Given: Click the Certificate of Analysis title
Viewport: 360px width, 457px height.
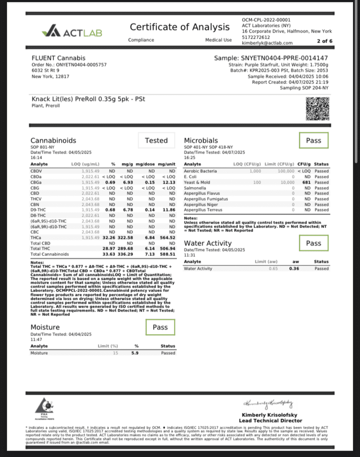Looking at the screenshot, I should (x=180, y=27).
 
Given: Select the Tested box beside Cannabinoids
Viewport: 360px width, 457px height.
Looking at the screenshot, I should (x=156, y=141).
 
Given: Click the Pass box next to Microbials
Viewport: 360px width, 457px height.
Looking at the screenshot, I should (x=313, y=141).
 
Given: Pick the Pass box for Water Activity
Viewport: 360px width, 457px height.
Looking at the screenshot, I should (x=313, y=243).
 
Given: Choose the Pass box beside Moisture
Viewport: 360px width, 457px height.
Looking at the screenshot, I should (x=160, y=327).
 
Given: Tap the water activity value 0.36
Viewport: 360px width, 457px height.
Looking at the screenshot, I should (x=294, y=269).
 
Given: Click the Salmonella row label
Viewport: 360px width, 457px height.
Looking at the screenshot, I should (x=195, y=188).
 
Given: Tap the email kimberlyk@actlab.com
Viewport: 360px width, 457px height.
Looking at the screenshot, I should (x=267, y=43).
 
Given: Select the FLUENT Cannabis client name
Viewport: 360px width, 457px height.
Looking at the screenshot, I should (x=59, y=58).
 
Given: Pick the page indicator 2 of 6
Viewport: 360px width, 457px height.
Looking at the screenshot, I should (x=325, y=41).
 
